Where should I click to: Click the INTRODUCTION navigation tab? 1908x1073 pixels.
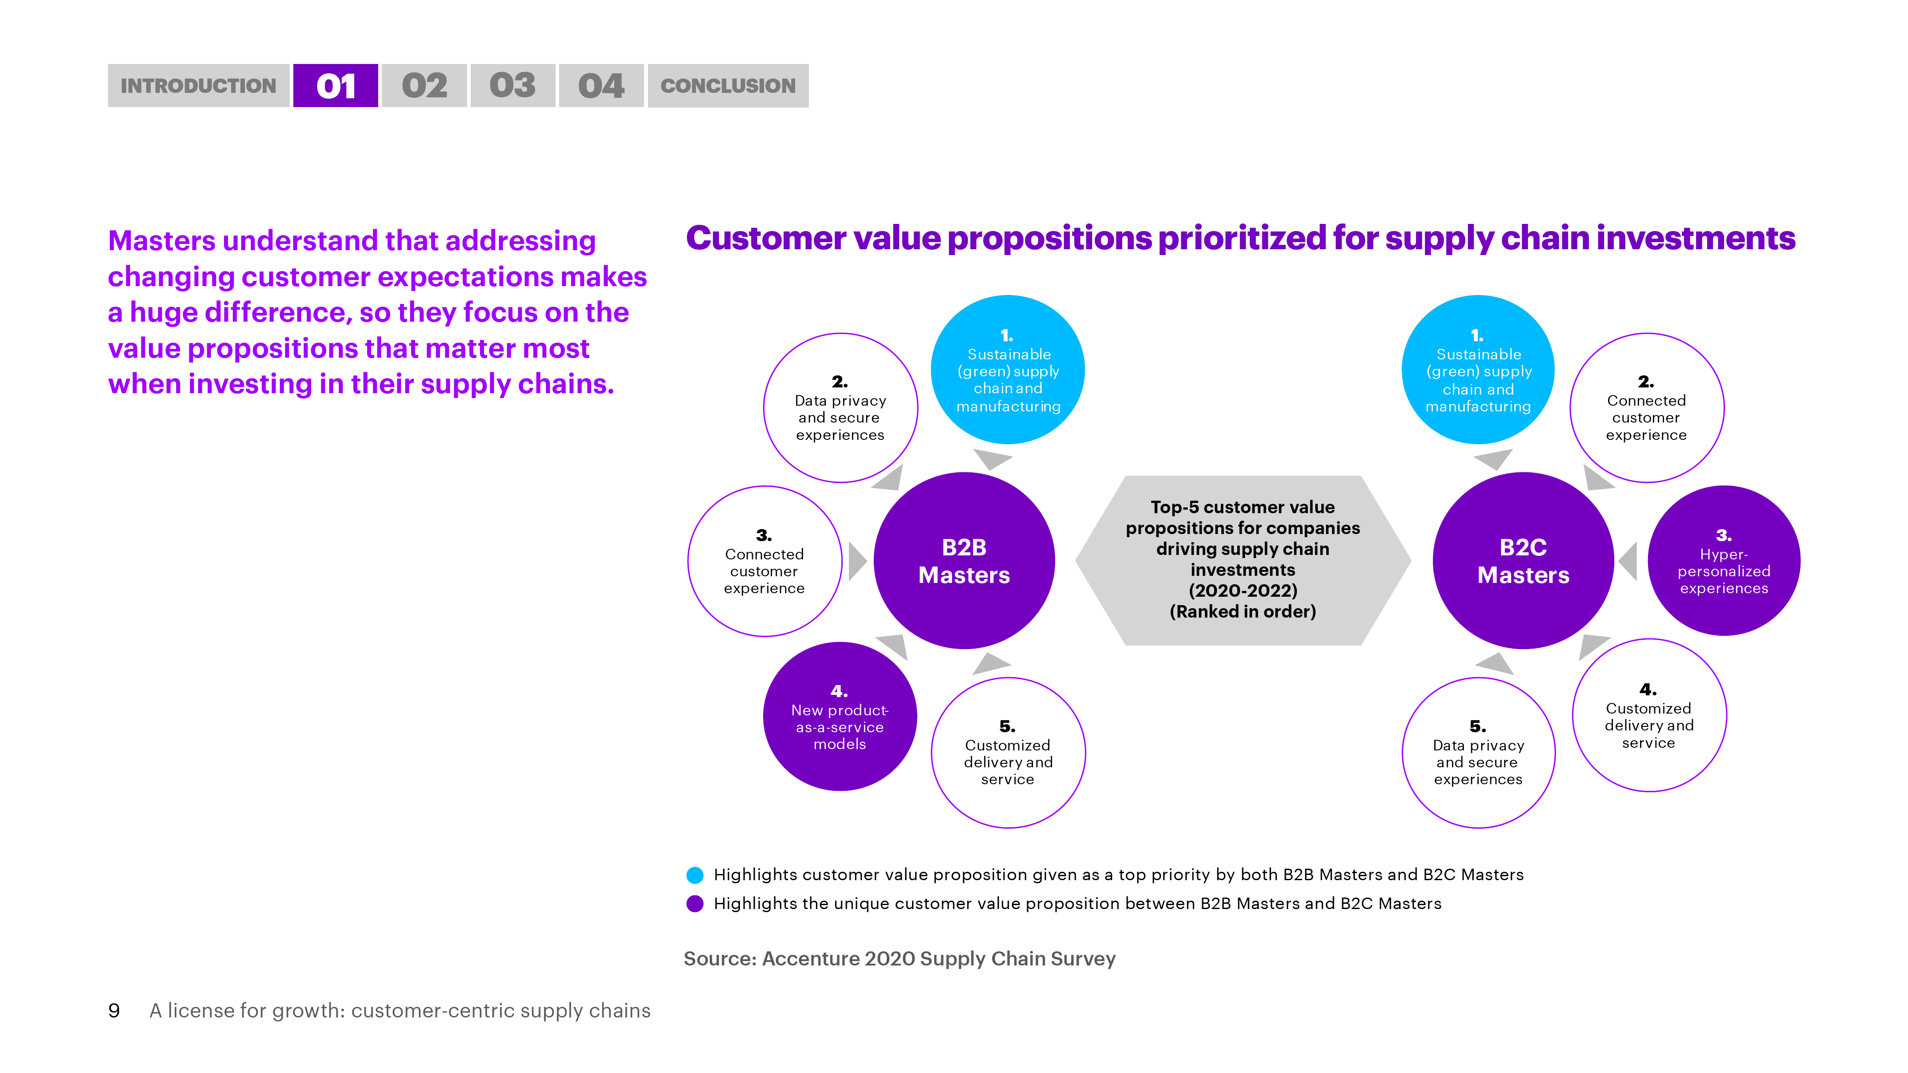click(x=199, y=86)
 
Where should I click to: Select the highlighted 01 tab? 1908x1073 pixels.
click(x=336, y=86)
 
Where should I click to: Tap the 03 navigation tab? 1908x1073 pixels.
click(x=512, y=86)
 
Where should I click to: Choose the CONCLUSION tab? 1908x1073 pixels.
click(x=728, y=86)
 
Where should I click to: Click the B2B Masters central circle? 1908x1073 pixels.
click(x=964, y=561)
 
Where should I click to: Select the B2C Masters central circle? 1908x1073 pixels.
click(x=1524, y=561)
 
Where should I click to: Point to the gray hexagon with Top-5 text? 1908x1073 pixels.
click(x=1243, y=561)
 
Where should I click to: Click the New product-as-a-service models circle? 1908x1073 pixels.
click(x=840, y=716)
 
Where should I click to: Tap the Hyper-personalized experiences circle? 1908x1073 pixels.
click(x=1724, y=561)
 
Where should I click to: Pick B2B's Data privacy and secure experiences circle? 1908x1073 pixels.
click(x=840, y=408)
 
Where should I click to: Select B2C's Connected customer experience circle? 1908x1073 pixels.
click(x=1647, y=408)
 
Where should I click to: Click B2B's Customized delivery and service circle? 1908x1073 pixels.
click(x=1008, y=752)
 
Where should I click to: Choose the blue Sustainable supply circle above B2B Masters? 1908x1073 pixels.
click(x=1008, y=370)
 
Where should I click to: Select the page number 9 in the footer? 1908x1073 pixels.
click(x=114, y=1011)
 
